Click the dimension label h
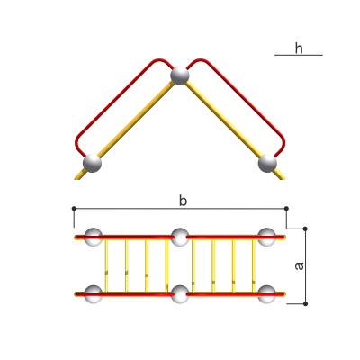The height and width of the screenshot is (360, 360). pyautogui.click(x=299, y=49)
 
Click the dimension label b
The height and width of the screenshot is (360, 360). pyautogui.click(x=183, y=201)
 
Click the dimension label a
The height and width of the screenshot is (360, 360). pyautogui.click(x=299, y=266)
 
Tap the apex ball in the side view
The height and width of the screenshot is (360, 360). pyautogui.click(x=180, y=76)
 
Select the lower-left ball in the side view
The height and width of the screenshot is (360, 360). pyautogui.click(x=92, y=163)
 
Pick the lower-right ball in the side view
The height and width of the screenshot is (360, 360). pyautogui.click(x=267, y=163)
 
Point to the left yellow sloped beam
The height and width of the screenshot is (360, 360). pyautogui.click(x=126, y=130)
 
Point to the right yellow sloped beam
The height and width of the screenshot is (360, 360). pyautogui.click(x=233, y=130)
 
